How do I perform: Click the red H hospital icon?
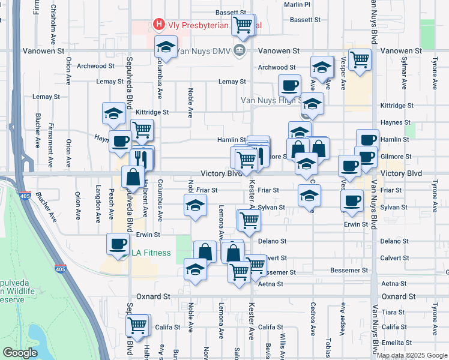pos(159,25)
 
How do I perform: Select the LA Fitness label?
pos(151,253)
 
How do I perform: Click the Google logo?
pos(20,353)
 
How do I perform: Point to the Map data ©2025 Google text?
pos(412,355)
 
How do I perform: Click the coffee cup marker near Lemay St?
pos(290,86)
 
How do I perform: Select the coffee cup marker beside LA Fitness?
pos(117,244)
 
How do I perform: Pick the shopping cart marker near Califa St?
pos(137,326)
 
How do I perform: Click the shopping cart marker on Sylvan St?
pos(249,220)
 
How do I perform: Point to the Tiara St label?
pos(394,312)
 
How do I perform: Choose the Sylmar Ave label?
pos(403,67)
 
